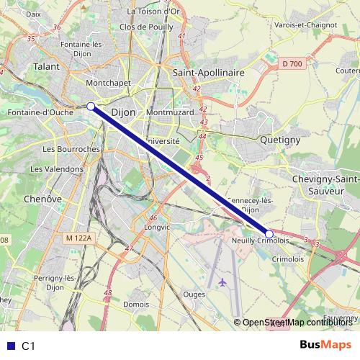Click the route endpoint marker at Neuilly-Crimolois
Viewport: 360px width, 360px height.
[x=269, y=233]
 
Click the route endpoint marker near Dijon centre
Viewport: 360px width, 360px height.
[x=91, y=107]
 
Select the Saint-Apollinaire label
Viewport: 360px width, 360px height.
[x=210, y=73]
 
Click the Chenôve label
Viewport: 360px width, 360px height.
[x=42, y=198]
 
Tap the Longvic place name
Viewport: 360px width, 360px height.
[x=157, y=227]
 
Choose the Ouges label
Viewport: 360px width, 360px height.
[x=194, y=294]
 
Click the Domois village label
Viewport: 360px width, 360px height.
[x=136, y=304]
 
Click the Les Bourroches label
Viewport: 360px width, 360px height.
[x=70, y=149]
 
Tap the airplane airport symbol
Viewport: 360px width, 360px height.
[x=222, y=282]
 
